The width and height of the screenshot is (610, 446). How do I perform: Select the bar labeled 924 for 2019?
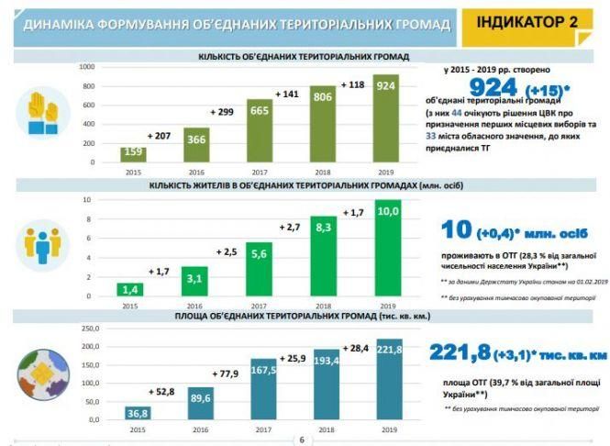tap(386, 119)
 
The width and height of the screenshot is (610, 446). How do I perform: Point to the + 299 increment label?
tap(224, 111)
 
